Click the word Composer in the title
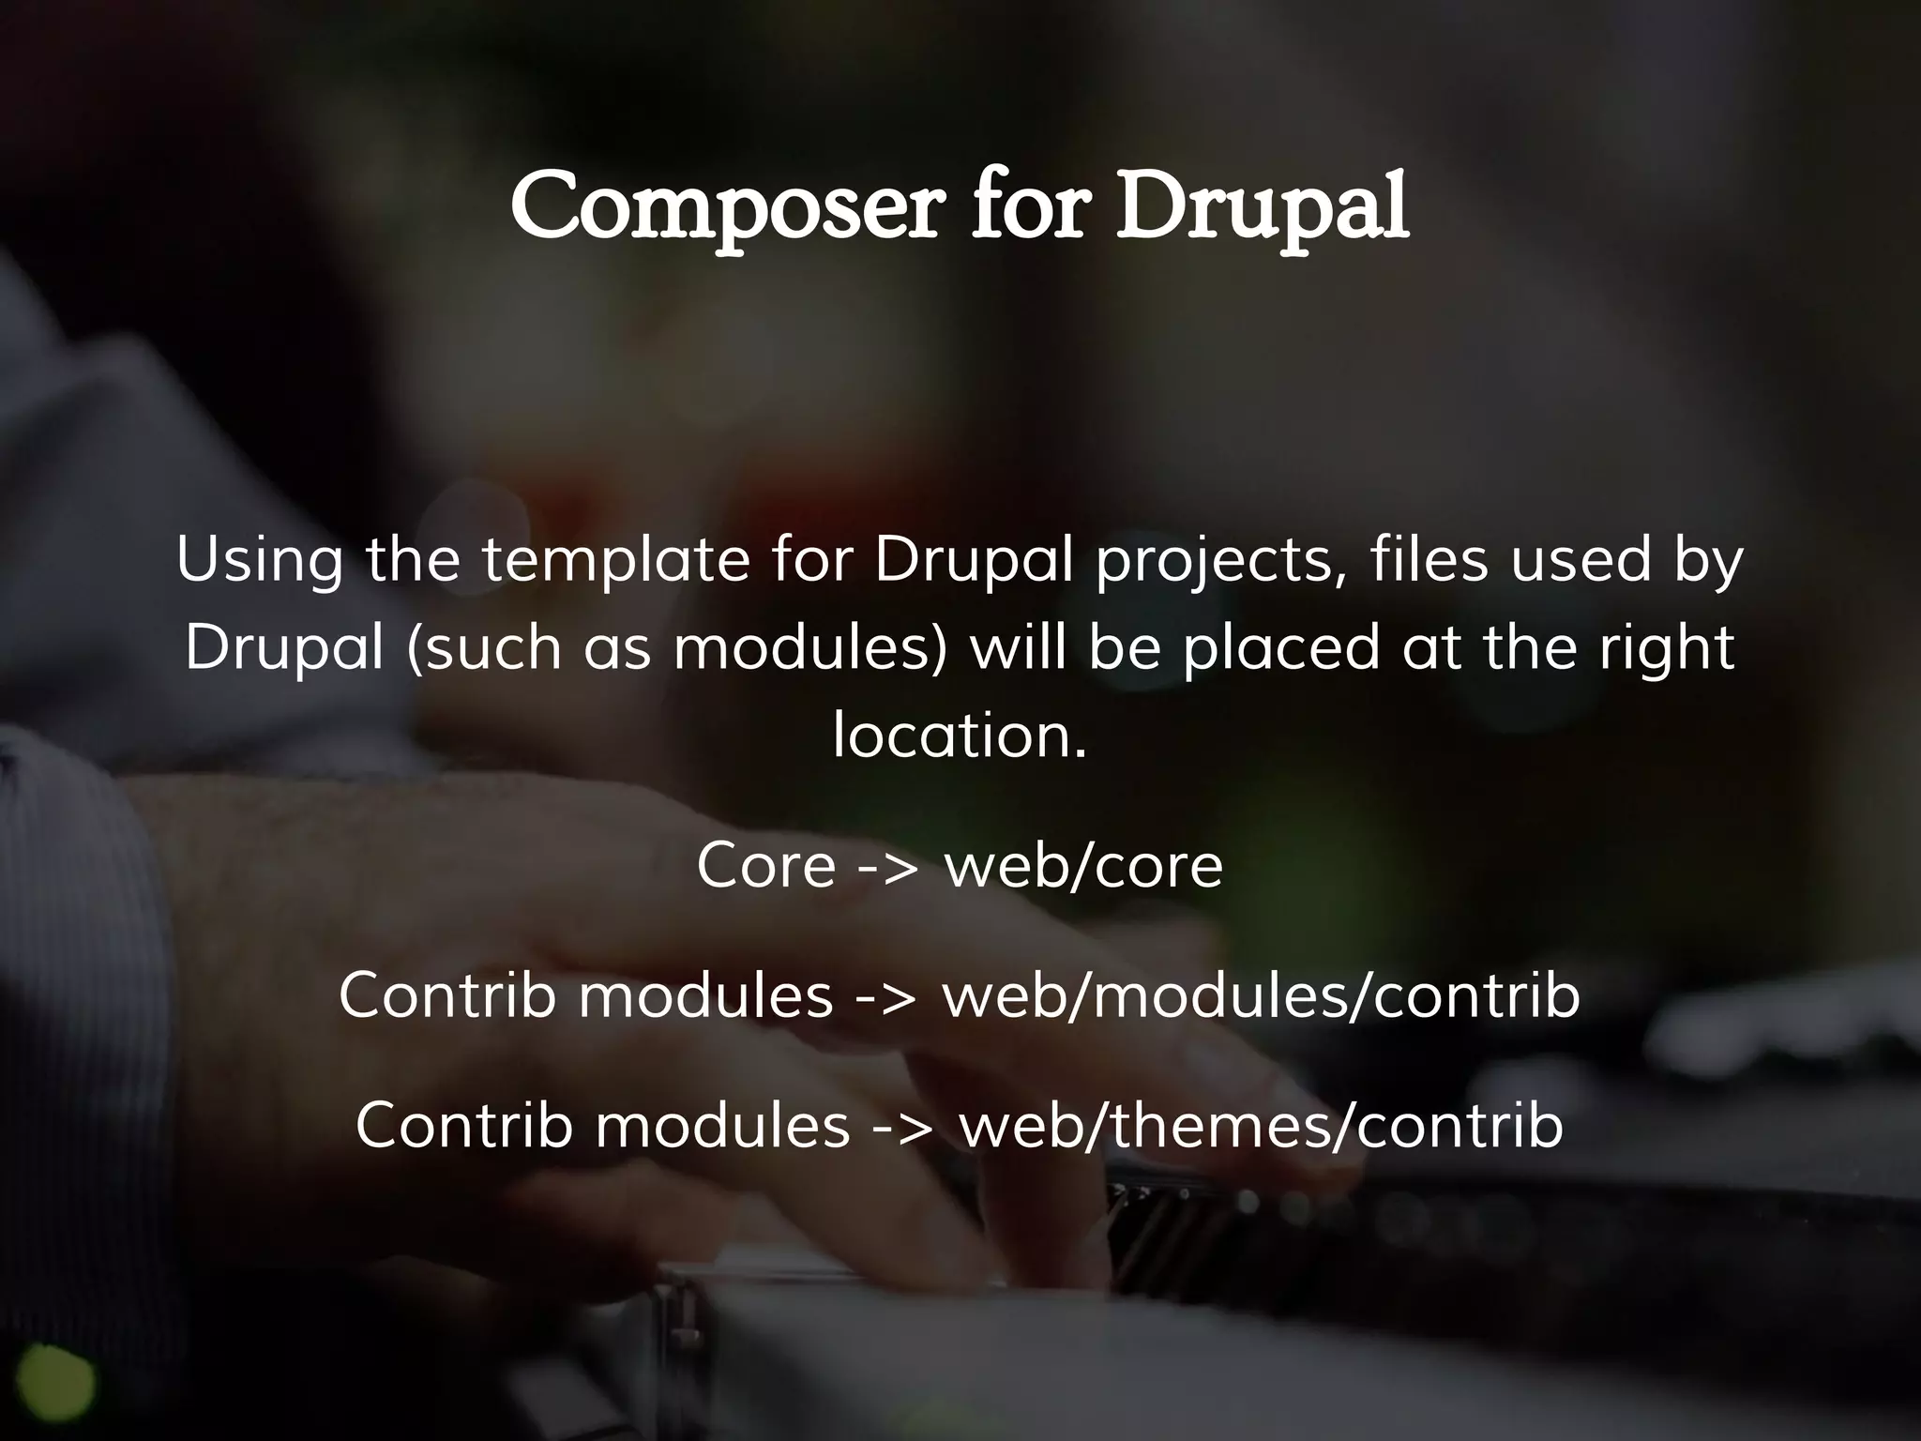(722, 206)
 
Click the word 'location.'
(960, 735)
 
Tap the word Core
(765, 865)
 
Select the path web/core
(1083, 865)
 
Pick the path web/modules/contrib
(1261, 995)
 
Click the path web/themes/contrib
(1261, 1125)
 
